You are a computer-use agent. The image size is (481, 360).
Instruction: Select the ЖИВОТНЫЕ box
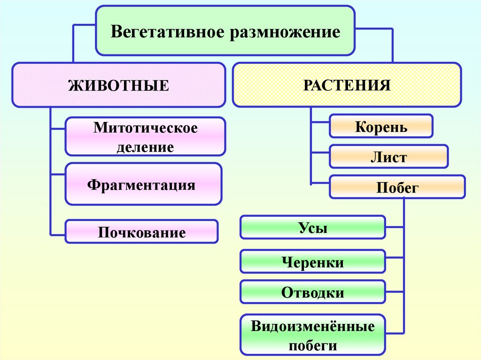tap(119, 85)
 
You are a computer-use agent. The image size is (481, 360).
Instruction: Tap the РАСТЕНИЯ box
tap(347, 84)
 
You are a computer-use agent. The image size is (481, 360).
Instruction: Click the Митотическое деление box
tap(145, 137)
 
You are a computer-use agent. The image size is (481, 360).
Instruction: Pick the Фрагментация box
tap(143, 184)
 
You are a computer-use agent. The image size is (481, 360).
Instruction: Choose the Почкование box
tap(141, 232)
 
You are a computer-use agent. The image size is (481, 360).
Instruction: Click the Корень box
tap(381, 127)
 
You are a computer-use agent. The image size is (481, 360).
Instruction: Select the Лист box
tap(388, 157)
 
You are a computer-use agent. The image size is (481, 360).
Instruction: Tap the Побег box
tap(397, 187)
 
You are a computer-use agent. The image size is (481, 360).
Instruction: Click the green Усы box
tap(312, 228)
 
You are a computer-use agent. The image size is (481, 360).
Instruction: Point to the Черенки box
tap(312, 261)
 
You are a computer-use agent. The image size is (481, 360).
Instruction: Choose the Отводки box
tap(312, 292)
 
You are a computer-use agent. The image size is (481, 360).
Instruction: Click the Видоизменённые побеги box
tap(312, 335)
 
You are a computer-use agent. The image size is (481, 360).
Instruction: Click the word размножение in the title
tap(284, 32)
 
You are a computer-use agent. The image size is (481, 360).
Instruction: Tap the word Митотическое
tap(145, 128)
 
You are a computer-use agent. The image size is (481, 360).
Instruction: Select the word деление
tap(145, 147)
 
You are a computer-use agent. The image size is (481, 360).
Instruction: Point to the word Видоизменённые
tap(312, 326)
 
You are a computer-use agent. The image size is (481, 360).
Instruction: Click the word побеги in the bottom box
tap(312, 346)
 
